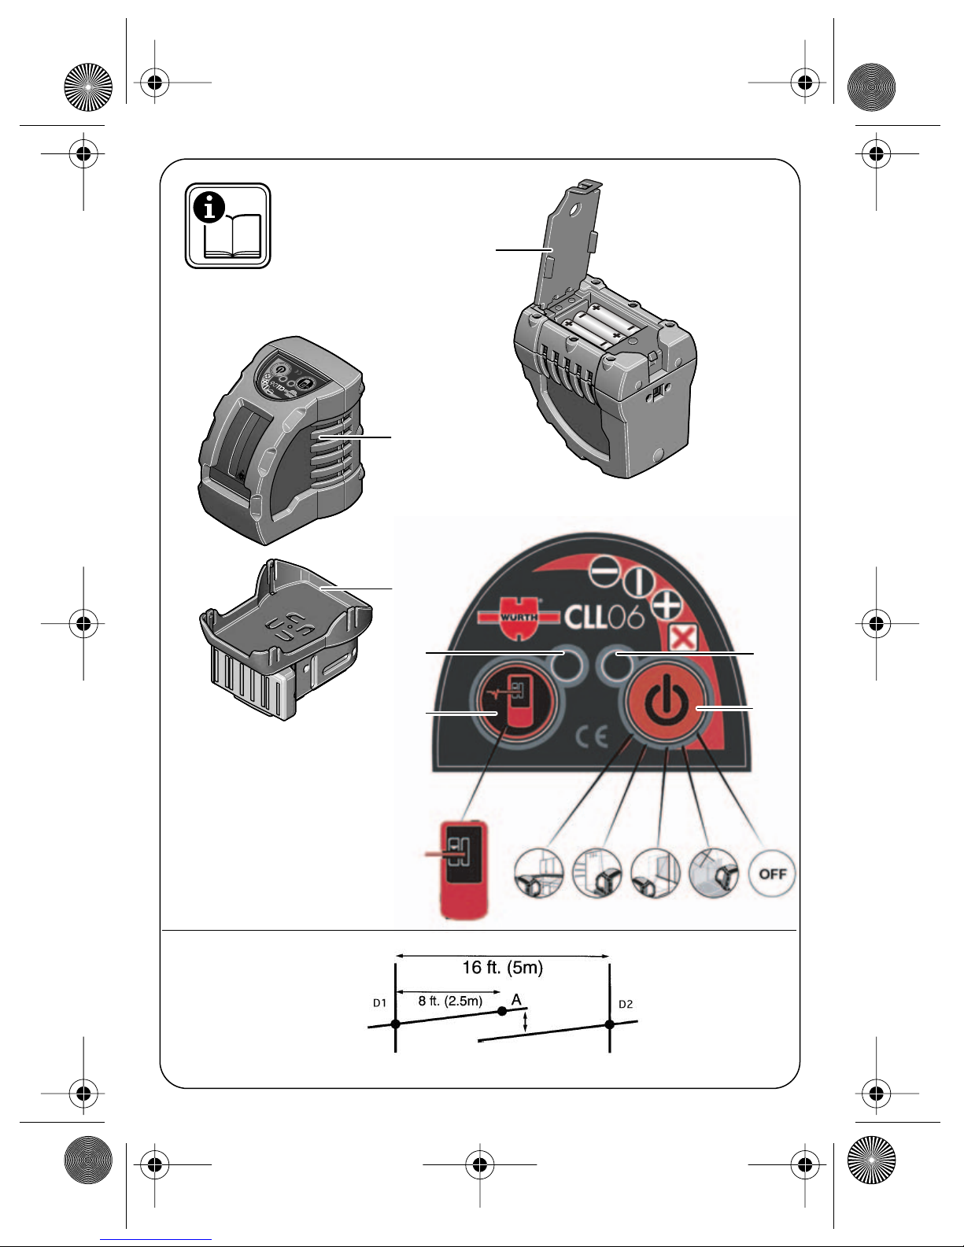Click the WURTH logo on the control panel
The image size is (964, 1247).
point(519,617)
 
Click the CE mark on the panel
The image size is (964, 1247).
point(592,737)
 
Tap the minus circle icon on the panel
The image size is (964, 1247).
point(604,574)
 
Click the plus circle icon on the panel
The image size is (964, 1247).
point(667,605)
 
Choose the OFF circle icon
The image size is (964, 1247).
point(772,873)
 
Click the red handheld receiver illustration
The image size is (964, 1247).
point(463,870)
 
